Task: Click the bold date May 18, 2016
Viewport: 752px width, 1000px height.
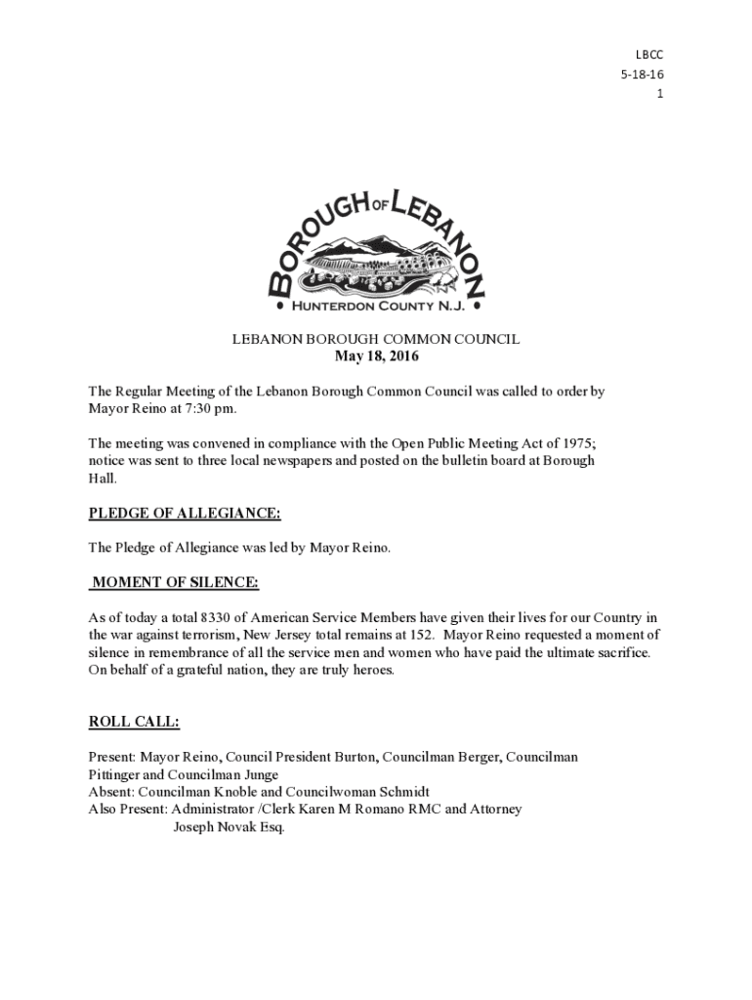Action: coord(376,356)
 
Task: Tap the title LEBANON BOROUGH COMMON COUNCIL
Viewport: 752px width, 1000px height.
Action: coord(376,340)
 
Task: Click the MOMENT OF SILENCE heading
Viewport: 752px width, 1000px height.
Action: coord(175,583)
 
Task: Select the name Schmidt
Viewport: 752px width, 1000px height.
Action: coord(402,792)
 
